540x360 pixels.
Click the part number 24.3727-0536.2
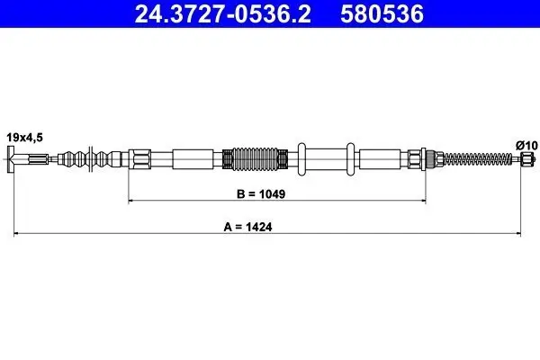[x=222, y=14]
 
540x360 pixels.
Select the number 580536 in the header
[x=382, y=14]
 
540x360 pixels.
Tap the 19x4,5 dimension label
[x=25, y=138]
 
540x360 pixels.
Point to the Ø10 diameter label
[x=526, y=146]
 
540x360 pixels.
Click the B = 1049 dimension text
[x=261, y=194]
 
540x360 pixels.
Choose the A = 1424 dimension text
[x=247, y=227]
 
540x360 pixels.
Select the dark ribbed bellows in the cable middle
[x=255, y=159]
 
